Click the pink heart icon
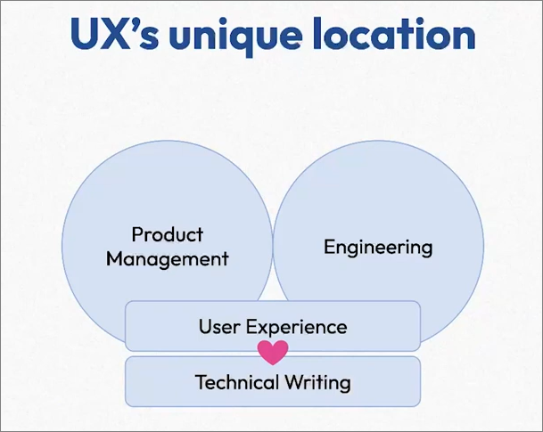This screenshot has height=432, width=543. click(273, 352)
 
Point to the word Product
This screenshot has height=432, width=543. click(168, 235)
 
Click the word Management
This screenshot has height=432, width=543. click(168, 259)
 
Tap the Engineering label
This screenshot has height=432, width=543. click(378, 247)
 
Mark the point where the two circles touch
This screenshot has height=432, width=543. click(272, 245)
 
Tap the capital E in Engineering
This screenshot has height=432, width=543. click(329, 246)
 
